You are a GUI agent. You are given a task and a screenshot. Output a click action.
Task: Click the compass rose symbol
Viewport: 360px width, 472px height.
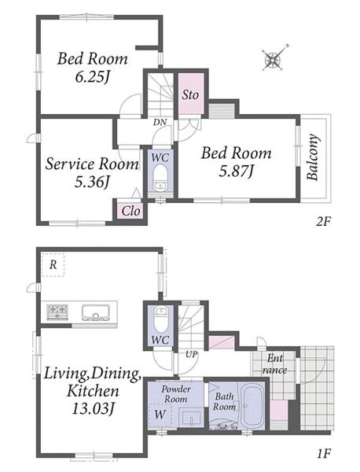(x=274, y=58)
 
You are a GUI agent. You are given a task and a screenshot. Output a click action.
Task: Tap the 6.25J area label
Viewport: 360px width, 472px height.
(x=92, y=77)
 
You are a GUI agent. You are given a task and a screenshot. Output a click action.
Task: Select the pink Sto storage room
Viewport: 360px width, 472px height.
(x=191, y=94)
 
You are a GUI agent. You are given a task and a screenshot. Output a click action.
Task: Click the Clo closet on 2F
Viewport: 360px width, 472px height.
(x=130, y=211)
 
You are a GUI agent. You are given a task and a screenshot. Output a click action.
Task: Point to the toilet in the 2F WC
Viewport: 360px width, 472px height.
(x=160, y=178)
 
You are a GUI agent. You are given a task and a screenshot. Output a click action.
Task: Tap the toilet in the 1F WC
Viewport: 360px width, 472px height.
(x=161, y=319)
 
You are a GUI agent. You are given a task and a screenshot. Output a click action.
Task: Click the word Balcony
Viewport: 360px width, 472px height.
(x=313, y=157)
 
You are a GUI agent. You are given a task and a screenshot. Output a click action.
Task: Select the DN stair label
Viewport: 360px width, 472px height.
(x=160, y=122)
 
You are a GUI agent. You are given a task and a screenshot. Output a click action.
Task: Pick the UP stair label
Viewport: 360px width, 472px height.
(x=191, y=355)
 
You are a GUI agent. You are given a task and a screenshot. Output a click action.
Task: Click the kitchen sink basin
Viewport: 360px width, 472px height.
(x=96, y=312)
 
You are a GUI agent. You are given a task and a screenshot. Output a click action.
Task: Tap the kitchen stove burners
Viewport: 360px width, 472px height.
(x=57, y=312)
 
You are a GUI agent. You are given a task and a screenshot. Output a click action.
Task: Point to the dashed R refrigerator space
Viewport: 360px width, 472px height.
(x=53, y=264)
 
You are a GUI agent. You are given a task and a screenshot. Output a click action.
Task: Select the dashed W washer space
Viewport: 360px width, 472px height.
(x=160, y=415)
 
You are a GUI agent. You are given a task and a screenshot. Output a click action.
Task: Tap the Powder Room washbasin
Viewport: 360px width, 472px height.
(x=192, y=417)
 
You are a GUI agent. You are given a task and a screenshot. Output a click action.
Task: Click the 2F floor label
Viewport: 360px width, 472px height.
(x=323, y=222)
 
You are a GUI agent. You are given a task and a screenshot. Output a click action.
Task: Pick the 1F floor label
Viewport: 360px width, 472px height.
(x=324, y=453)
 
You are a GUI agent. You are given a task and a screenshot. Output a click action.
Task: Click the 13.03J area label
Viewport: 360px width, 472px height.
(x=94, y=408)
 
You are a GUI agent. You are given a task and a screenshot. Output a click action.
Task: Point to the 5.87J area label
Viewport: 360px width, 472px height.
(x=236, y=171)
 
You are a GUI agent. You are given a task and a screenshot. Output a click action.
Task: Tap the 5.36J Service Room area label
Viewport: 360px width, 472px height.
(x=92, y=183)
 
